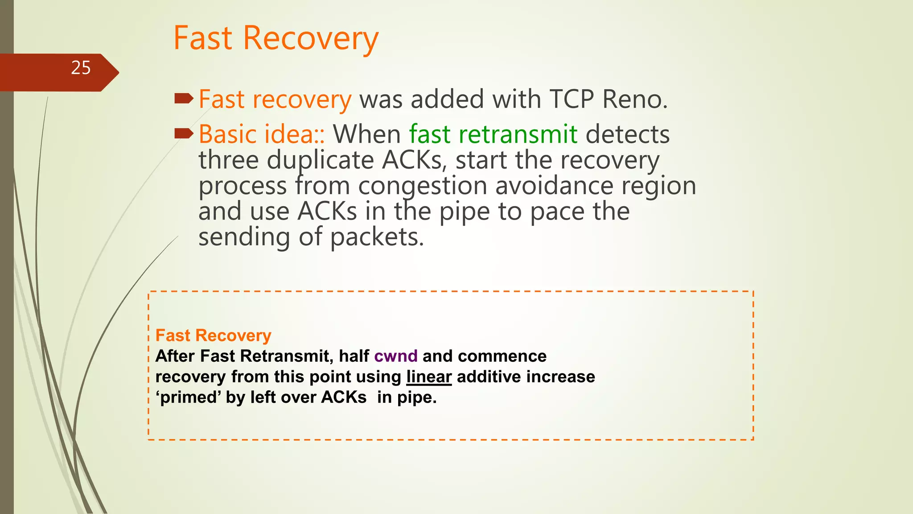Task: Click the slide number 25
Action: (x=81, y=68)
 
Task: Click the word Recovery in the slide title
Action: (x=310, y=38)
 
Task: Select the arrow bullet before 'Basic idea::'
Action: (x=184, y=133)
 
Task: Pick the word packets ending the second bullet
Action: (x=377, y=237)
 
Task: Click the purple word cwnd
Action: (x=395, y=356)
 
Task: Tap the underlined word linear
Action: (x=429, y=377)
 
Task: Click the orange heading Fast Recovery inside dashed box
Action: (x=213, y=336)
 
